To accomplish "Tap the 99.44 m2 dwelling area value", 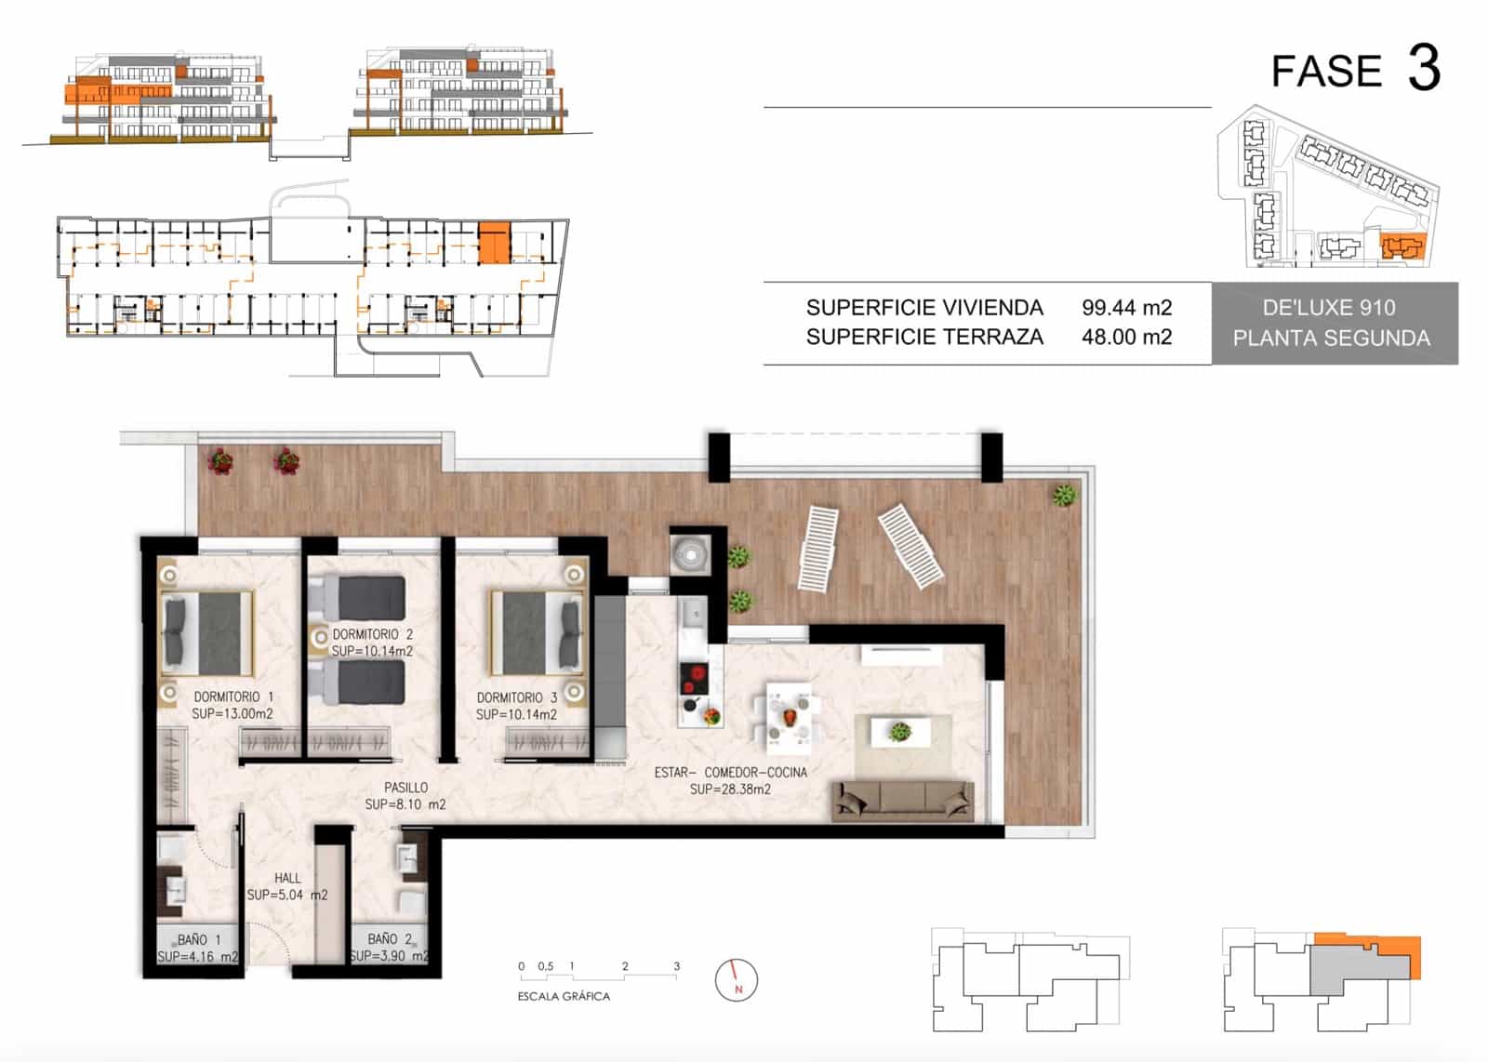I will point(1126,308).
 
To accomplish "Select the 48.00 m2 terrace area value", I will point(1126,338).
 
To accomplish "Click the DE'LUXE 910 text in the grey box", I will point(1329,308).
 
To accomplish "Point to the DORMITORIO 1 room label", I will point(233,697).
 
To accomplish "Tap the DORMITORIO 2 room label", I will point(372,634).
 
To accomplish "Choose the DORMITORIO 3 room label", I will point(516,697).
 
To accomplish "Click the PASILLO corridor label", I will point(405,788).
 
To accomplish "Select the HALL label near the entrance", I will point(287,878).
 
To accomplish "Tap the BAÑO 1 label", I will point(199,939).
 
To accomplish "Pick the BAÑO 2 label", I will point(390,939).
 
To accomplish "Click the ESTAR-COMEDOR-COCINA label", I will point(730,772).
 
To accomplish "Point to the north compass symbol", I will point(737,980).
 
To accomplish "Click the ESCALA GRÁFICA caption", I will point(564,996).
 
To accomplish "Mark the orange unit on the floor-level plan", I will point(494,243).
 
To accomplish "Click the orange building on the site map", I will point(1402,247).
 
